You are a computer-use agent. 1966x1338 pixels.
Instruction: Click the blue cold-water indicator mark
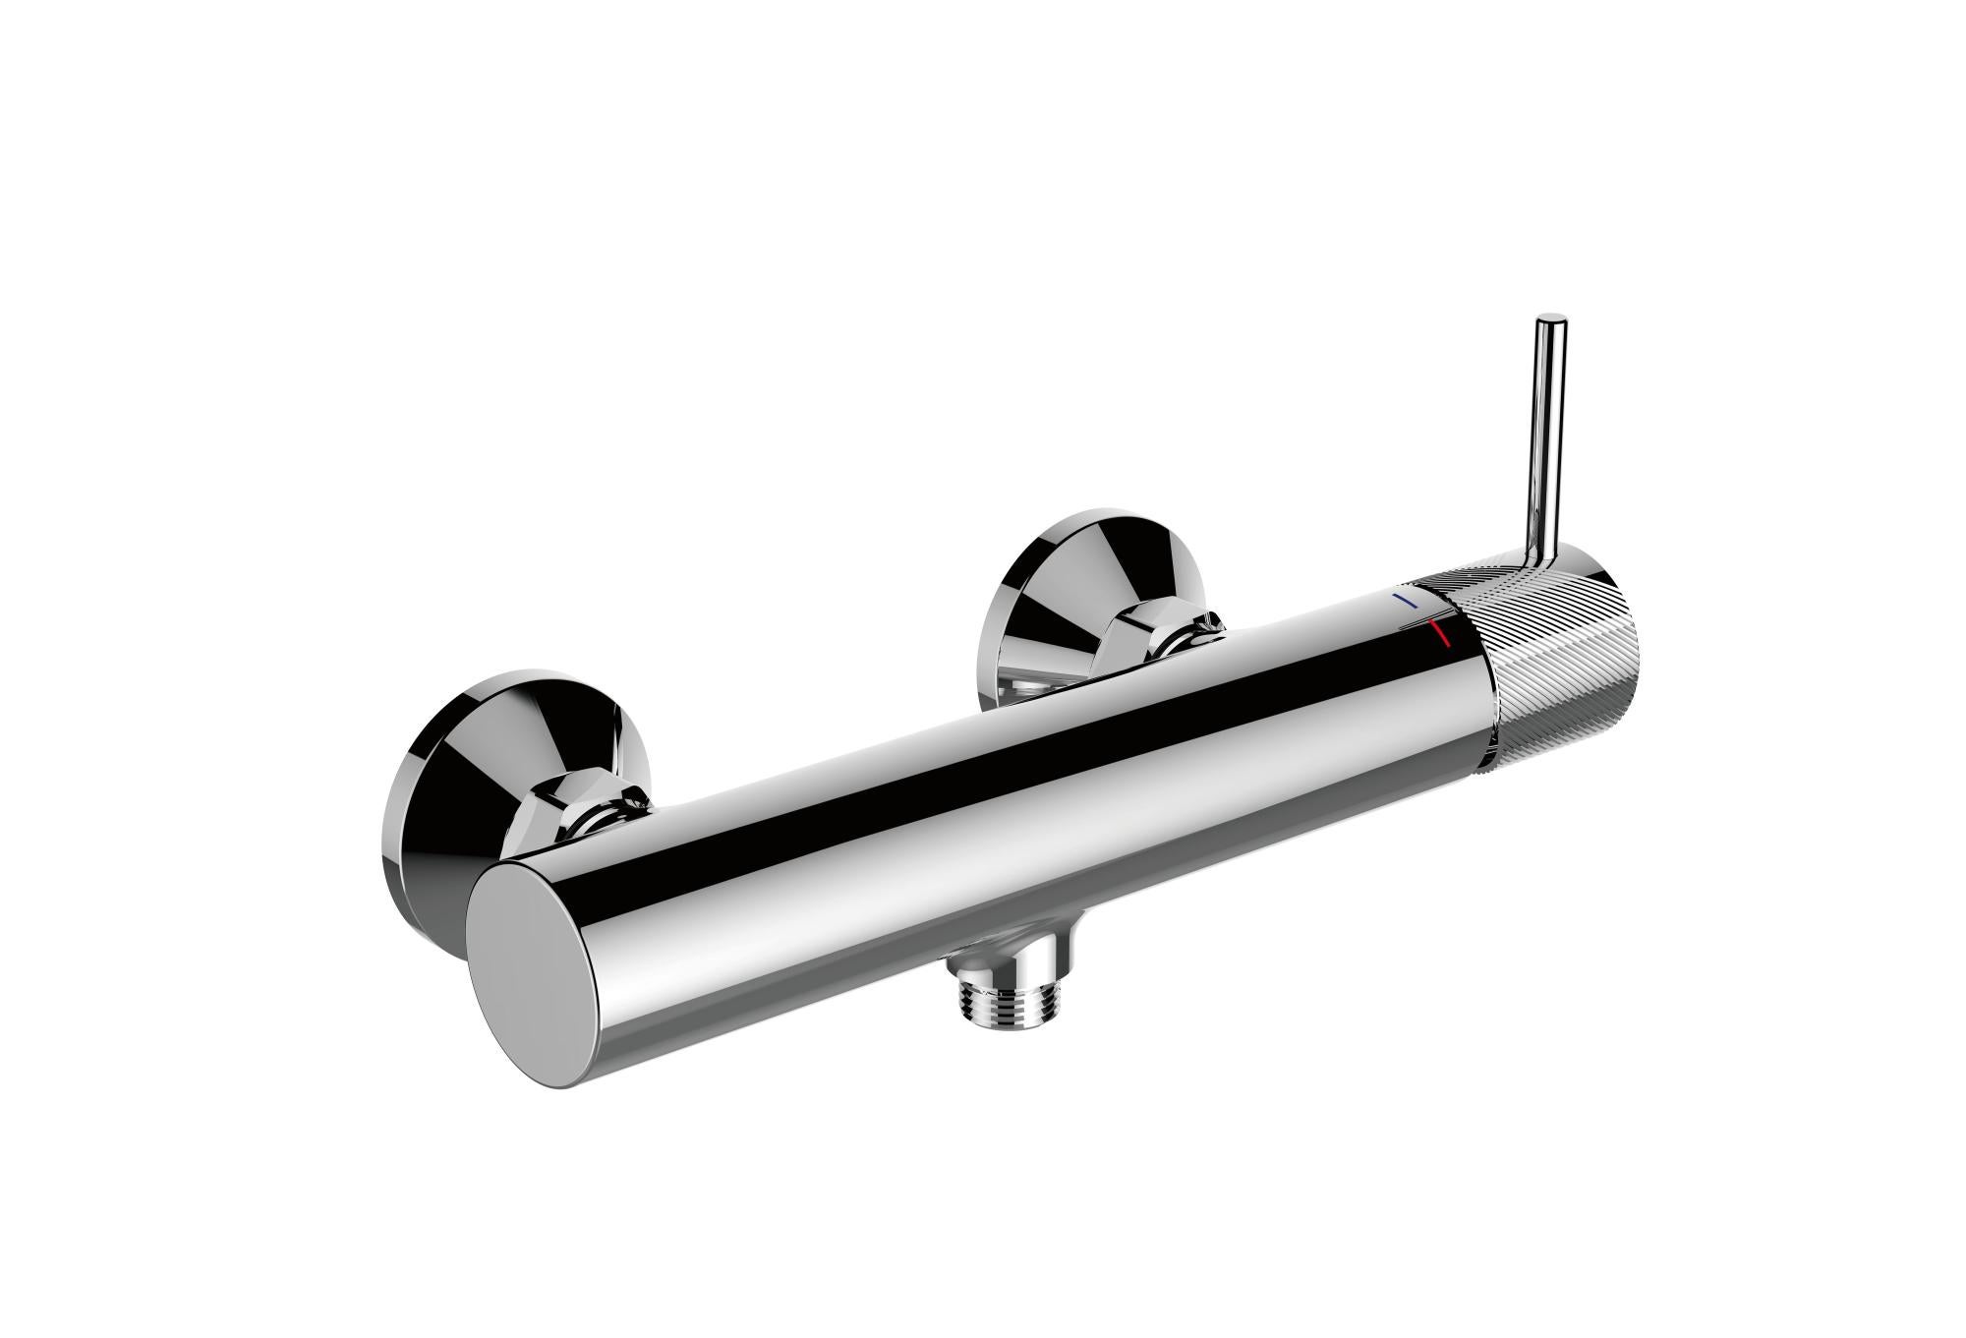[x=1409, y=601]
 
